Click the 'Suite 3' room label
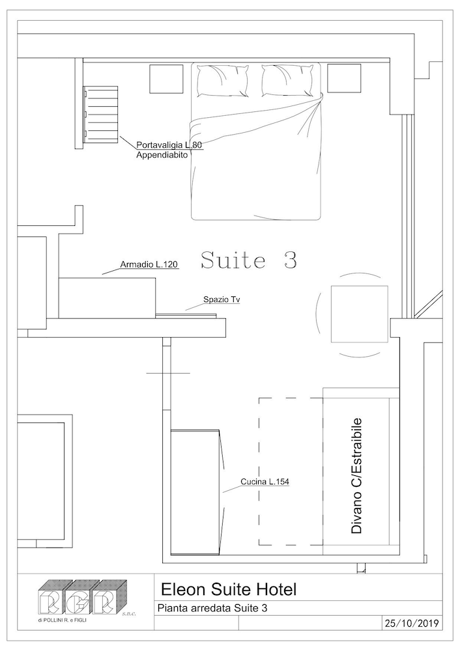249,260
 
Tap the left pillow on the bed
223,81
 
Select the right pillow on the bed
287,81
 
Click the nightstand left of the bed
166,79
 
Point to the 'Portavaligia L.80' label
169,145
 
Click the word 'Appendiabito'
162,156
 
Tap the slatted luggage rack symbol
100,115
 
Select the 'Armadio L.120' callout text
149,264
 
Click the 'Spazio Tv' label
222,299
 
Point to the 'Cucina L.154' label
265,482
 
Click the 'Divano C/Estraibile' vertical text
356,475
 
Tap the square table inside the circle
360,314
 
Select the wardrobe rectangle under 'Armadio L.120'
108,298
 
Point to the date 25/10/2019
411,624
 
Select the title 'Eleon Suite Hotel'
229,589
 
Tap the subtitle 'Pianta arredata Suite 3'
212,608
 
